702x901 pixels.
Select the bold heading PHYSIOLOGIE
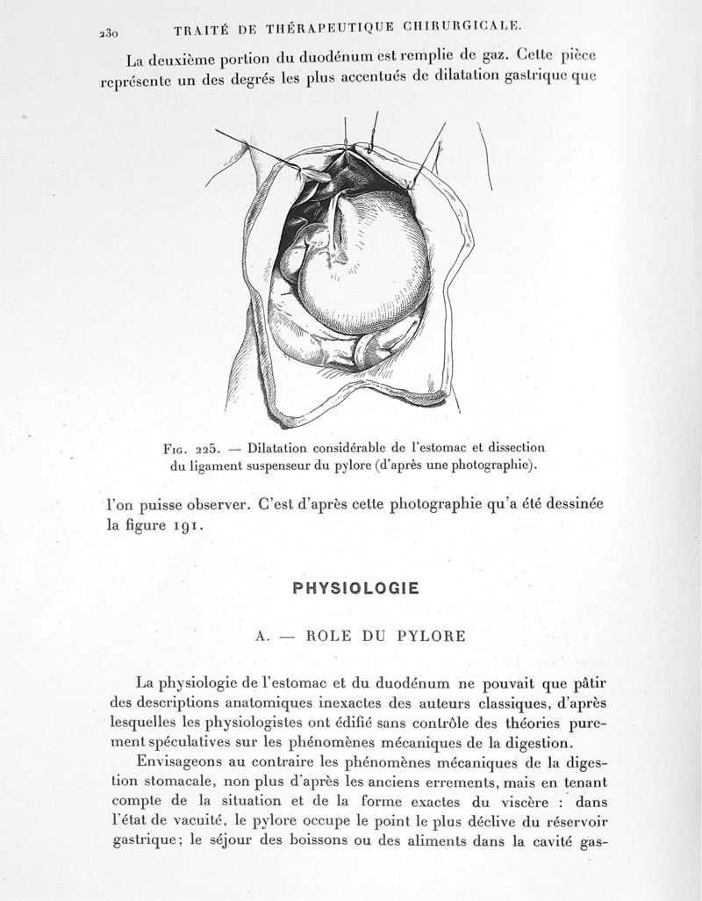356,587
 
